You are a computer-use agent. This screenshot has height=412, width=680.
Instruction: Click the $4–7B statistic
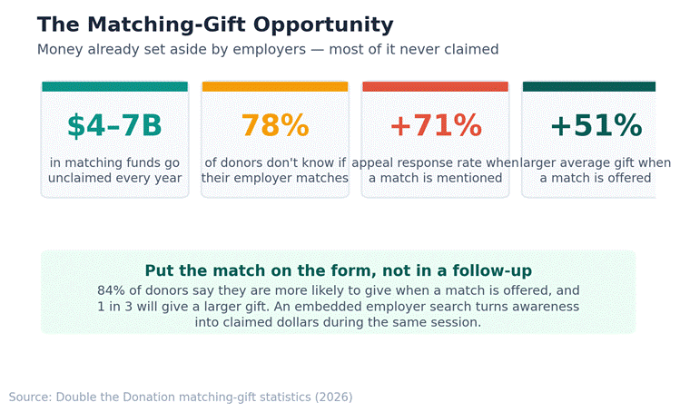point(114,126)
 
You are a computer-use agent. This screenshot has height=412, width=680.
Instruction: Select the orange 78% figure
point(275,126)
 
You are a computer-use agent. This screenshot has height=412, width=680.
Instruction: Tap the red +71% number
point(436,126)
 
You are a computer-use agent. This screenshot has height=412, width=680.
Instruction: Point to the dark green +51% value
point(596,126)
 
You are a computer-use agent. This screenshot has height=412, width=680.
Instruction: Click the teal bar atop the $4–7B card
point(115,86)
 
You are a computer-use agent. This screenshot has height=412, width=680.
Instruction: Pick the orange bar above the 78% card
point(275,86)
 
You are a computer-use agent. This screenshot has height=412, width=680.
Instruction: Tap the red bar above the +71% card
point(436,86)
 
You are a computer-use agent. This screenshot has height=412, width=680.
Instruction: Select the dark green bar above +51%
point(589,86)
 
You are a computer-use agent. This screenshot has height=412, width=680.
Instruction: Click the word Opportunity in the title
point(323,25)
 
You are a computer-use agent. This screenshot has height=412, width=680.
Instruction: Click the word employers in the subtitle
point(270,50)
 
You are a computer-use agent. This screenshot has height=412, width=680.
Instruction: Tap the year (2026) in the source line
point(334,397)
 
